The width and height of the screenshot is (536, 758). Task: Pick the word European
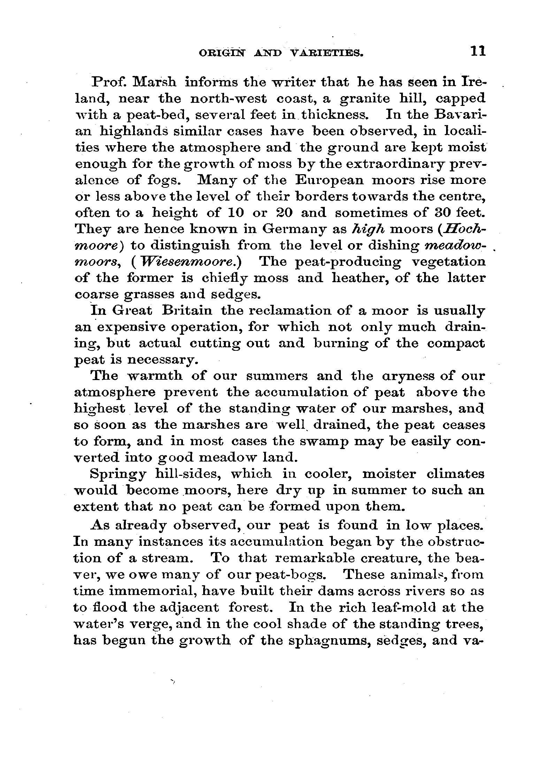point(329,180)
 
